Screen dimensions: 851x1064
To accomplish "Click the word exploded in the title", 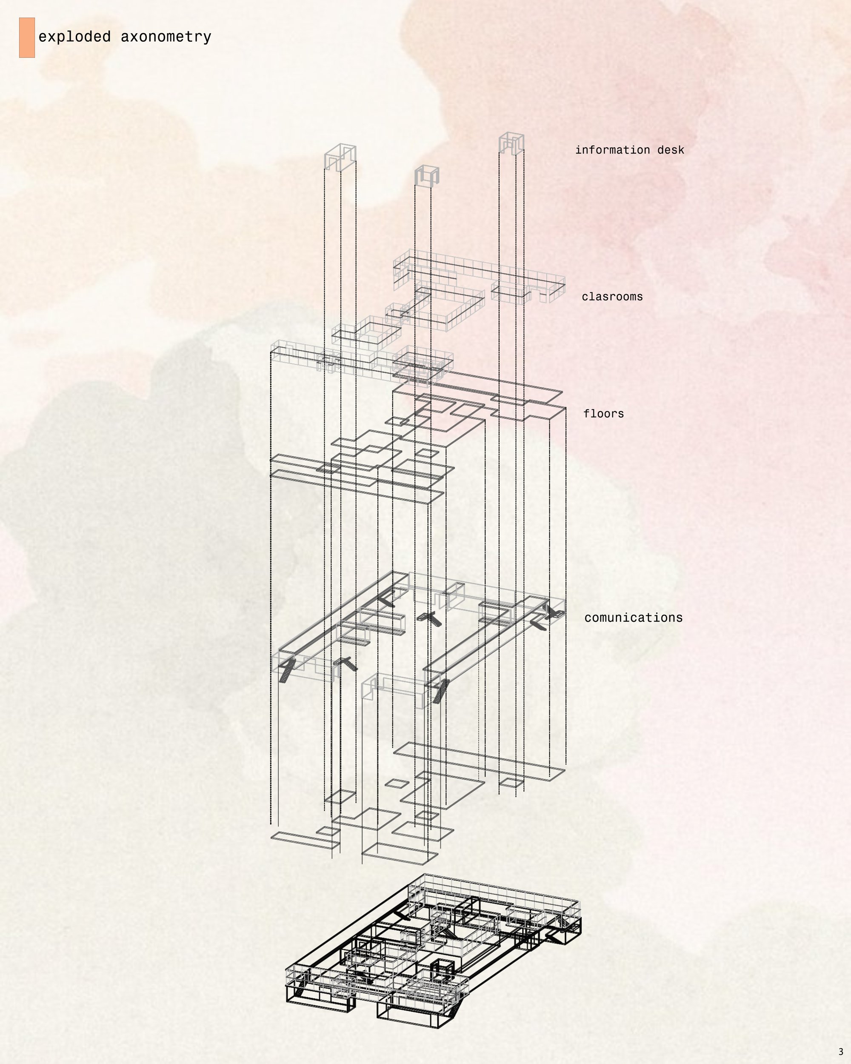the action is pos(74,37).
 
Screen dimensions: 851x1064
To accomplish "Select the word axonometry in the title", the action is pos(166,37).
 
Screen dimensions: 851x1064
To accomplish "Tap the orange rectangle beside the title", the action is pos(27,37).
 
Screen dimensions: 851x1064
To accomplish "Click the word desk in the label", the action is pos(671,150).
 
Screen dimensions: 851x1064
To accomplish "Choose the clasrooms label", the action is pos(612,297).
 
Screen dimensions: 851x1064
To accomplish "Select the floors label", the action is pos(603,414).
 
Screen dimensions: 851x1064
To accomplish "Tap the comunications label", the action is pos(634,618).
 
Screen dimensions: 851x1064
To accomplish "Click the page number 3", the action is pos(841,1052).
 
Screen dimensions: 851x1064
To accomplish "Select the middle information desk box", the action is pos(427,176).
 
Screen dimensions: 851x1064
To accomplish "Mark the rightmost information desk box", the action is pos(511,143).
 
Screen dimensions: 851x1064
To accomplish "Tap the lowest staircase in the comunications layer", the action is pos(440,691).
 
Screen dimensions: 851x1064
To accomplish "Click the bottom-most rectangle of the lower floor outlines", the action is pos(400,853).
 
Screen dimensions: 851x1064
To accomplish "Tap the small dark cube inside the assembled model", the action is pos(442,970).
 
